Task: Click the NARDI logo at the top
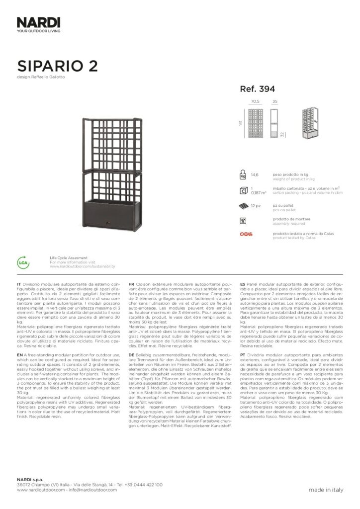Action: coord(38,22)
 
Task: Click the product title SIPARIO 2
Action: coord(57,66)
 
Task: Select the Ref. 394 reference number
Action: coord(258,89)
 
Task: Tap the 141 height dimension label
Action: coord(240,123)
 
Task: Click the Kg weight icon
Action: coord(243,175)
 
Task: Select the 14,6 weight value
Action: coord(255,175)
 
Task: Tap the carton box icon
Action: coord(243,190)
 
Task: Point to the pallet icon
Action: coord(243,205)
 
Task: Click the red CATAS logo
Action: coord(246,234)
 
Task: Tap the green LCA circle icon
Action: coord(23,262)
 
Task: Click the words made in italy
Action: coord(326,490)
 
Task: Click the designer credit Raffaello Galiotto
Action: coord(48,77)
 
